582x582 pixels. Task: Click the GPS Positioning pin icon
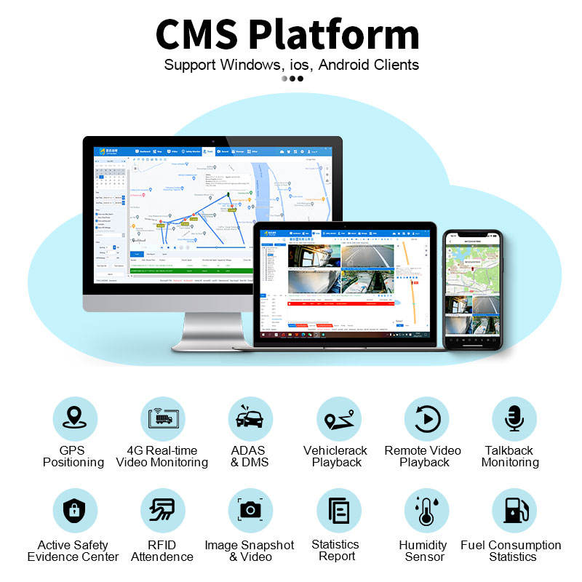pyautogui.click(x=73, y=419)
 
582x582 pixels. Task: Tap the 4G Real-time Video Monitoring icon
pyautogui.click(x=162, y=419)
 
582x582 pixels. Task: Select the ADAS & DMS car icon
pyautogui.click(x=250, y=419)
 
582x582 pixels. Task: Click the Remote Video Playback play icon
pyautogui.click(x=426, y=419)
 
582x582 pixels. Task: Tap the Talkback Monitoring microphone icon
pyautogui.click(x=514, y=419)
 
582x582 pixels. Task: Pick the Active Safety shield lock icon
pyautogui.click(x=73, y=510)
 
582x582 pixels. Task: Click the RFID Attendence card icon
pyautogui.click(x=162, y=510)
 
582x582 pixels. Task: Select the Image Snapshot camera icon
pyautogui.click(x=250, y=510)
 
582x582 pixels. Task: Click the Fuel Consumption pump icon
pyautogui.click(x=514, y=510)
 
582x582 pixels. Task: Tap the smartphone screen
pyautogui.click(x=473, y=288)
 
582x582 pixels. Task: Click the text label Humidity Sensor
pyautogui.click(x=423, y=551)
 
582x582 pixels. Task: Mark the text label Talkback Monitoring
pyautogui.click(x=510, y=456)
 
